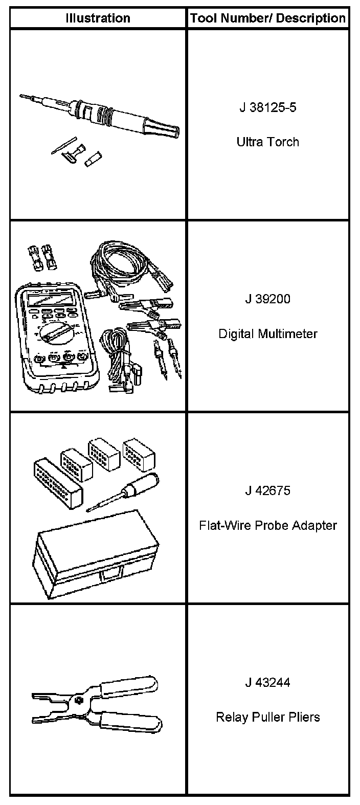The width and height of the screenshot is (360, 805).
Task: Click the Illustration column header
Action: pyautogui.click(x=98, y=18)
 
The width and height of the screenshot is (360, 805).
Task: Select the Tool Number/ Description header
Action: pyautogui.click(x=268, y=18)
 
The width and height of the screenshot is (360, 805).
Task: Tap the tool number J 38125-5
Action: pyautogui.click(x=267, y=108)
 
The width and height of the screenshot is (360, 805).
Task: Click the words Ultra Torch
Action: pyautogui.click(x=267, y=142)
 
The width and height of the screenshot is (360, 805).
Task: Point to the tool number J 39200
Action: pyautogui.click(x=267, y=299)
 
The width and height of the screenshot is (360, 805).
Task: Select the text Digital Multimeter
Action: pyautogui.click(x=267, y=334)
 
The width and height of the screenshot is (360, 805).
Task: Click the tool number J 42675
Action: pyautogui.click(x=267, y=491)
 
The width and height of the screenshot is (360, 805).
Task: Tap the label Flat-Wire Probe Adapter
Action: pyautogui.click(x=267, y=525)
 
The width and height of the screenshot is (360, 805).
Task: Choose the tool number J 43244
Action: pyautogui.click(x=267, y=683)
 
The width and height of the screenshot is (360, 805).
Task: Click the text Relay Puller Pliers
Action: pyautogui.click(x=267, y=717)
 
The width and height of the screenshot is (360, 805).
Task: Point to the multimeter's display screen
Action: pyautogui.click(x=51, y=299)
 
